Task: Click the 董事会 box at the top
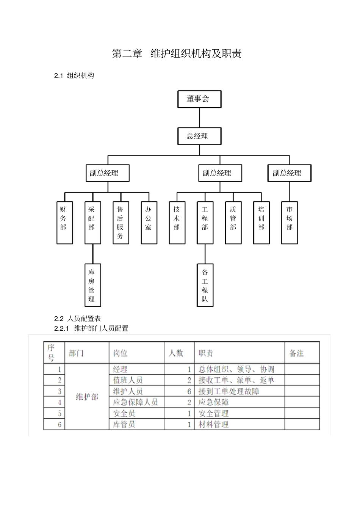pyautogui.click(x=199, y=99)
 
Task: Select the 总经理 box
pyautogui.click(x=199, y=136)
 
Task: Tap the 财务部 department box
pyautogui.click(x=64, y=223)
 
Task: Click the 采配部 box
pyautogui.click(x=92, y=223)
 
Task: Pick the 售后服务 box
pyautogui.click(x=121, y=223)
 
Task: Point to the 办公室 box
pyautogui.click(x=149, y=223)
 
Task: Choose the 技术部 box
pyautogui.click(x=177, y=223)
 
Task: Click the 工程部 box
pyautogui.click(x=205, y=223)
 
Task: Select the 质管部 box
pyautogui.click(x=233, y=223)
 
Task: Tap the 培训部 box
pyautogui.click(x=261, y=223)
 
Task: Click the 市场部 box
pyautogui.click(x=290, y=223)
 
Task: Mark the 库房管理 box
pyautogui.click(x=92, y=285)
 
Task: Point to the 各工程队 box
pyautogui.click(x=205, y=285)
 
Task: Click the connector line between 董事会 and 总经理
pyautogui.click(x=199, y=118)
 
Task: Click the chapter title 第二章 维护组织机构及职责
pyautogui.click(x=177, y=54)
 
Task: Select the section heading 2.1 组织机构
pyautogui.click(x=74, y=75)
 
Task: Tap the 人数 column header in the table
pyautogui.click(x=176, y=353)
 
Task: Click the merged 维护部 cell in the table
pyautogui.click(x=87, y=397)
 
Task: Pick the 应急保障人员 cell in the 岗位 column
pyautogui.click(x=135, y=402)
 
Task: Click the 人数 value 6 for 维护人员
pyautogui.click(x=189, y=391)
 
